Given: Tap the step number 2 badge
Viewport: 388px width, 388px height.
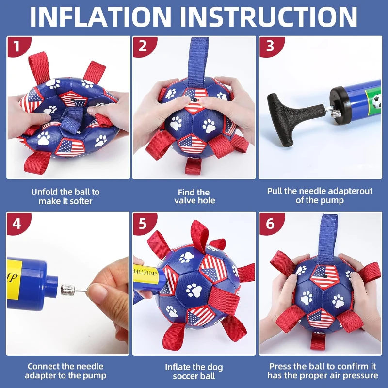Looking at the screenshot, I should (x=142, y=47).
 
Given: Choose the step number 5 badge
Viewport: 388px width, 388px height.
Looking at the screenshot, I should (x=142, y=224).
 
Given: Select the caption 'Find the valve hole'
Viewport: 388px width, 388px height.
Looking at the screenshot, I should (x=194, y=196).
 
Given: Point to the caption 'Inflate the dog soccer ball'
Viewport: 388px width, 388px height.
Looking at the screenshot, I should (x=194, y=371).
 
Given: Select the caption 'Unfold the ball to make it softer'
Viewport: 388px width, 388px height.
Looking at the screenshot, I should (x=65, y=196).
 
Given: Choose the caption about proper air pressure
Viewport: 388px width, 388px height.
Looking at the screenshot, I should (x=323, y=371).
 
